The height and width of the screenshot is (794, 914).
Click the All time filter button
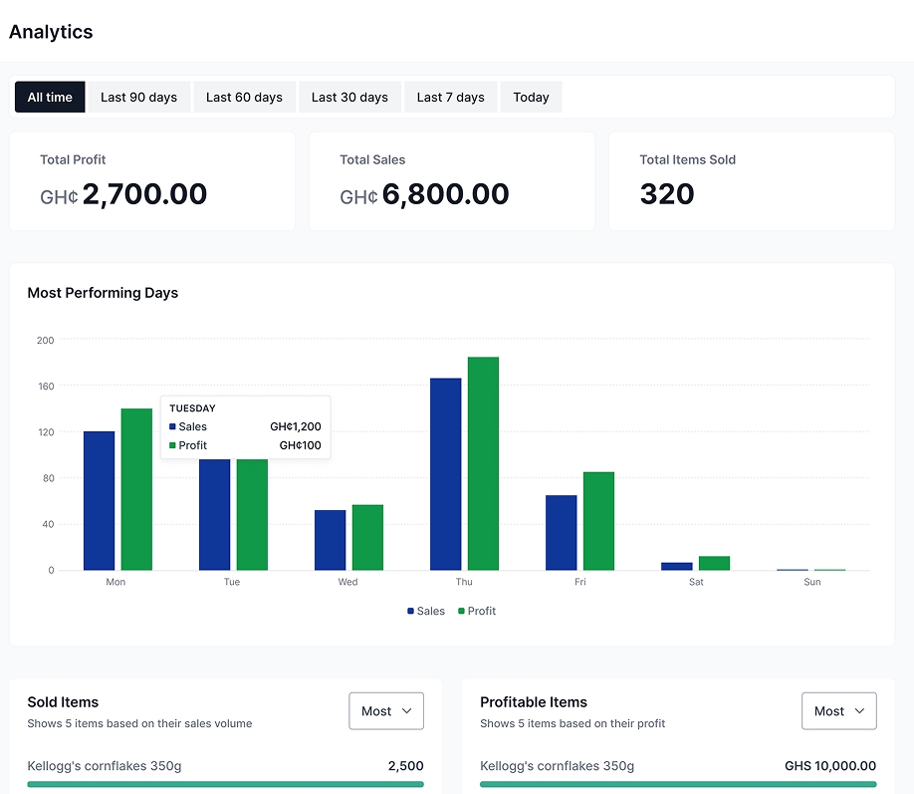[x=50, y=98]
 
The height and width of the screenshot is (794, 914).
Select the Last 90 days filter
[x=138, y=98]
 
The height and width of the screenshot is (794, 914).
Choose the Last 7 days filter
[x=450, y=98]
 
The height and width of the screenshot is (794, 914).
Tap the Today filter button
[x=531, y=98]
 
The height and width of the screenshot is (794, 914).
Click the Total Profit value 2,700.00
[x=144, y=194]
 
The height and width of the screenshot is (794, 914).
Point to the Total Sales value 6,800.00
[x=445, y=194]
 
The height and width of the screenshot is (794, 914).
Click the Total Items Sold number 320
[x=667, y=194]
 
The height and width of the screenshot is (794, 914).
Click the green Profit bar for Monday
[x=136, y=489]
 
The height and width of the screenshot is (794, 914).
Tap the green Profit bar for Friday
[x=598, y=521]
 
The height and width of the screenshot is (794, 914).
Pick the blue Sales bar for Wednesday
[x=331, y=540]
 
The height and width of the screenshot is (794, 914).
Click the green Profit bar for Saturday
[x=714, y=563]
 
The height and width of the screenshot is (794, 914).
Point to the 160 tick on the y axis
[x=45, y=386]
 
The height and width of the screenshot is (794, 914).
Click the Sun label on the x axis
[x=812, y=582]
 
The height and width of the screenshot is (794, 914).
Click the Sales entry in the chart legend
[x=426, y=611]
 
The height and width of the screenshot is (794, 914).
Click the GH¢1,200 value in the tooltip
[x=296, y=426]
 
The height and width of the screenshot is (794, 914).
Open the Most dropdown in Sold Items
[x=386, y=711]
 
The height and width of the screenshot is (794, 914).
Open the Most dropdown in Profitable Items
[x=838, y=711]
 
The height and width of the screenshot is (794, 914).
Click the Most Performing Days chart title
[x=103, y=293]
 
